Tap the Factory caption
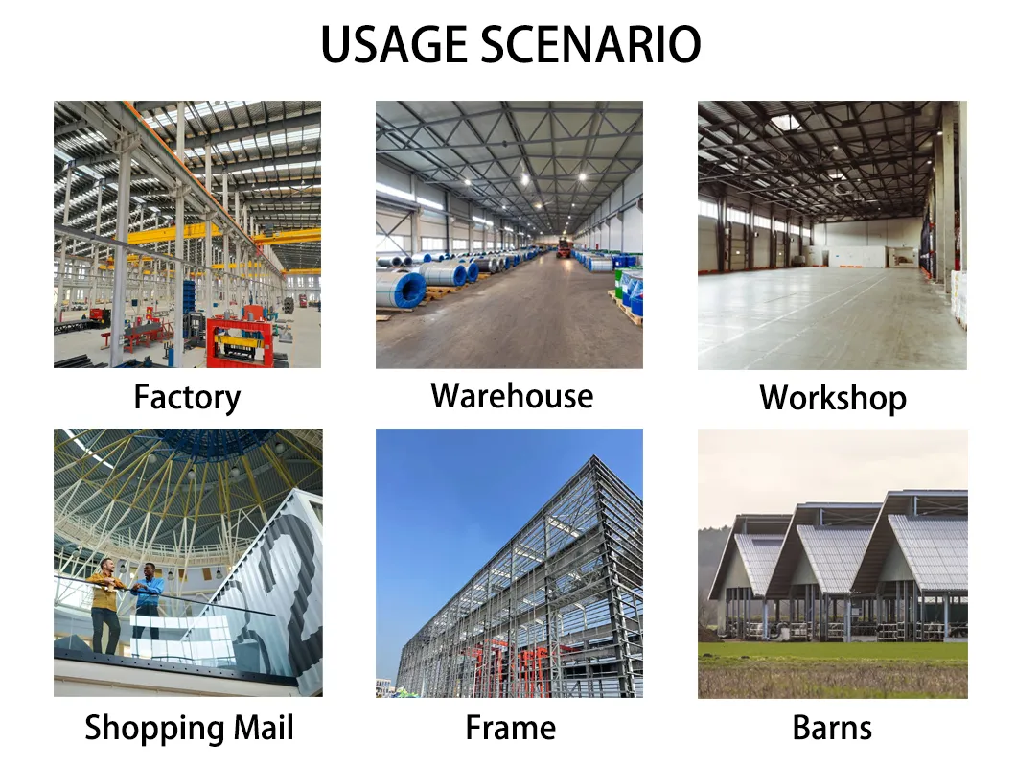pyautogui.click(x=187, y=397)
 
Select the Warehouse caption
pyautogui.click(x=512, y=396)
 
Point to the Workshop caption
pyautogui.click(x=832, y=398)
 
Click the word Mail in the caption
pyautogui.click(x=262, y=728)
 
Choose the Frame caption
pyautogui.click(x=510, y=728)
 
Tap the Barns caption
pyautogui.click(x=832, y=728)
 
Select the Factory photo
pyautogui.click(x=187, y=235)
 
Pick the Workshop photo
pyautogui.click(x=832, y=235)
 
